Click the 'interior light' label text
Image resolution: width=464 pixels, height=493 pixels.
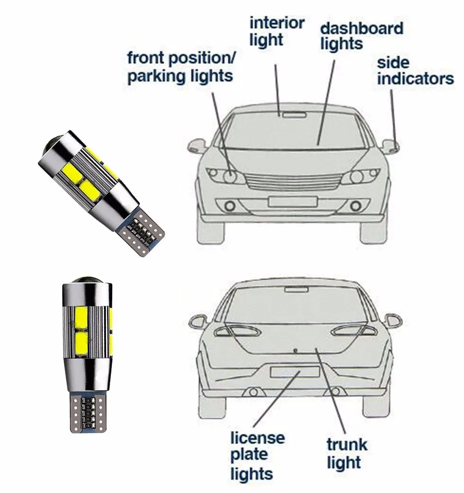pyautogui.click(x=276, y=31)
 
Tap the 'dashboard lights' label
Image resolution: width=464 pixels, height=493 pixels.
pyautogui.click(x=361, y=35)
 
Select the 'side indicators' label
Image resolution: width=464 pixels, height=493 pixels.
pyautogui.click(x=415, y=71)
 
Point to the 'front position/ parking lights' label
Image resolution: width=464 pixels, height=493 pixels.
pyautogui.click(x=181, y=66)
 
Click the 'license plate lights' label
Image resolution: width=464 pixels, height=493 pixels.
pyautogui.click(x=257, y=455)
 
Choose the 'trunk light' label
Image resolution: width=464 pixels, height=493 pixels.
pyautogui.click(x=347, y=453)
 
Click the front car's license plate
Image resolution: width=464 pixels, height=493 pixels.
pyautogui.click(x=292, y=201)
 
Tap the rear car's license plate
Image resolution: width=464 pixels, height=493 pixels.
pyautogui.click(x=294, y=372)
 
